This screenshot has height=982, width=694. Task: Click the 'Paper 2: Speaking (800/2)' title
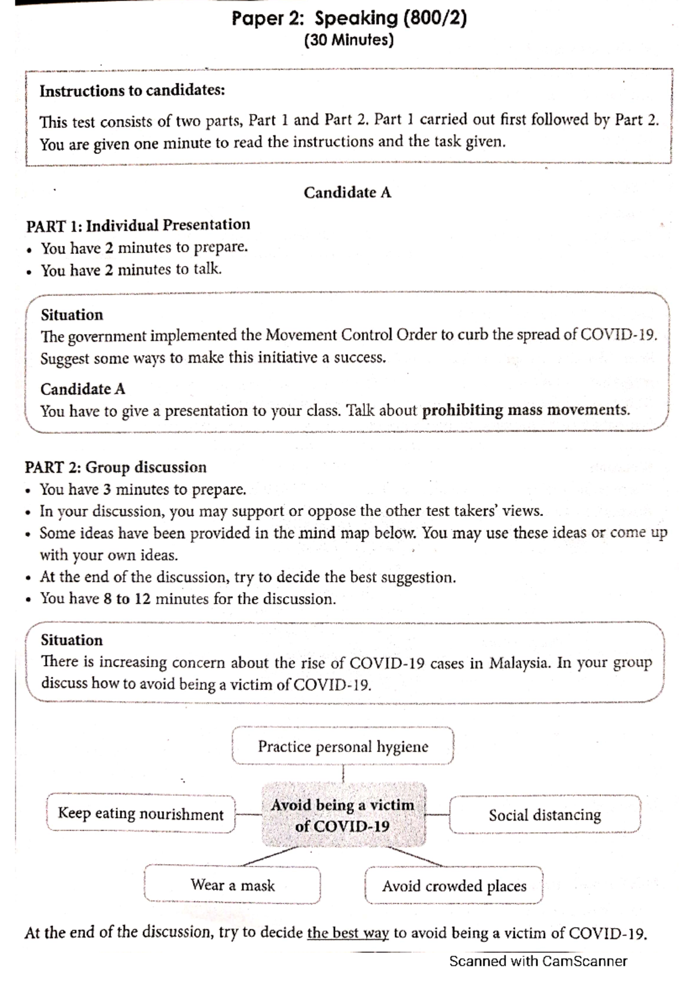tap(349, 19)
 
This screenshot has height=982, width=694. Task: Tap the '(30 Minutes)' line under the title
tap(349, 40)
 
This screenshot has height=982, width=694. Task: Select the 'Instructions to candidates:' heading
tap(132, 91)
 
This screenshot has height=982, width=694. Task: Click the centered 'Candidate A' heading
tap(348, 193)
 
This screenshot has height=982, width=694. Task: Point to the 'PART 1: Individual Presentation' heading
tap(138, 224)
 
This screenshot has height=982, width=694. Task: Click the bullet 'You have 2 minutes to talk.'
tap(131, 270)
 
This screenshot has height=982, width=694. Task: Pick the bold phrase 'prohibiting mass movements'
tap(525, 410)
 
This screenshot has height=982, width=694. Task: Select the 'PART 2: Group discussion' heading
tap(116, 467)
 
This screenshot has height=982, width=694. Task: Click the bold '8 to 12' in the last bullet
tap(127, 599)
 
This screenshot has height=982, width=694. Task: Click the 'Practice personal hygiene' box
tap(343, 747)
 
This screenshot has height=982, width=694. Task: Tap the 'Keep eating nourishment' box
tap(141, 814)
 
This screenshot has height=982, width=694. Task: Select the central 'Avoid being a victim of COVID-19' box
tap(343, 815)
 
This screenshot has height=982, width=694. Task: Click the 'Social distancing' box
tap(545, 815)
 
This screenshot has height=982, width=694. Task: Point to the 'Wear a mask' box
tap(232, 885)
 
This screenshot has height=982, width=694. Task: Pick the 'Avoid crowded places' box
tap(454, 885)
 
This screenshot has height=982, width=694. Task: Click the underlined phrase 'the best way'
tap(348, 933)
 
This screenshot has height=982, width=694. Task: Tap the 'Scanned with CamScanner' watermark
tap(538, 961)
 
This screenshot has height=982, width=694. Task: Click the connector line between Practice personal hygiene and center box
tap(343, 774)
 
